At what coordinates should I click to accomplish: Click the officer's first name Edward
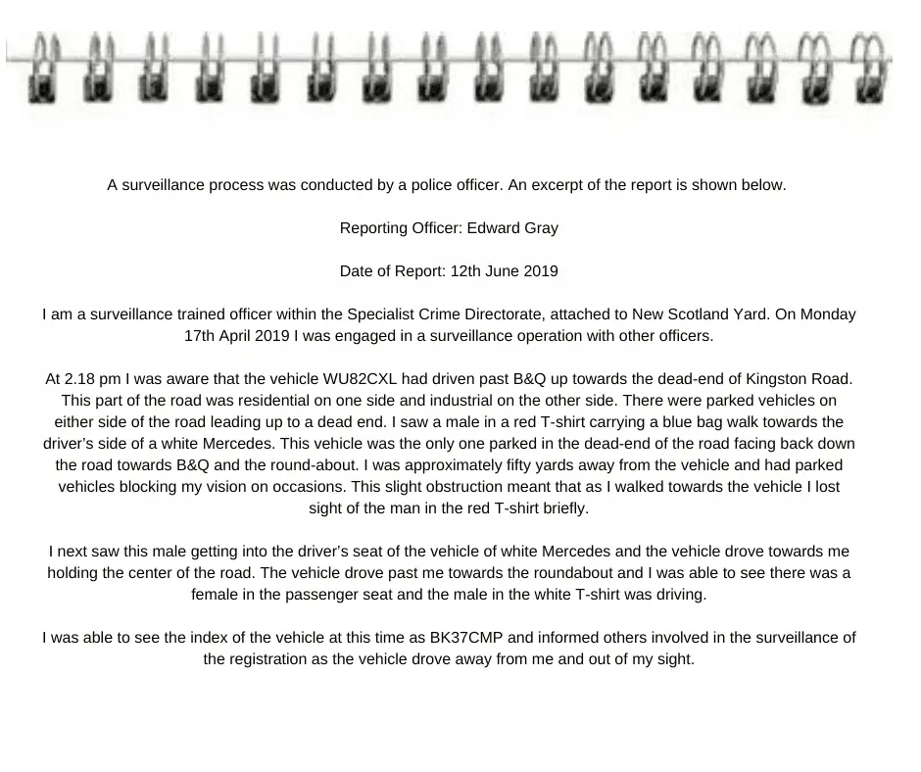(x=496, y=228)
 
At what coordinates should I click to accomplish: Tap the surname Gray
(x=541, y=228)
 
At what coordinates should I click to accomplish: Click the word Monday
(x=828, y=314)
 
